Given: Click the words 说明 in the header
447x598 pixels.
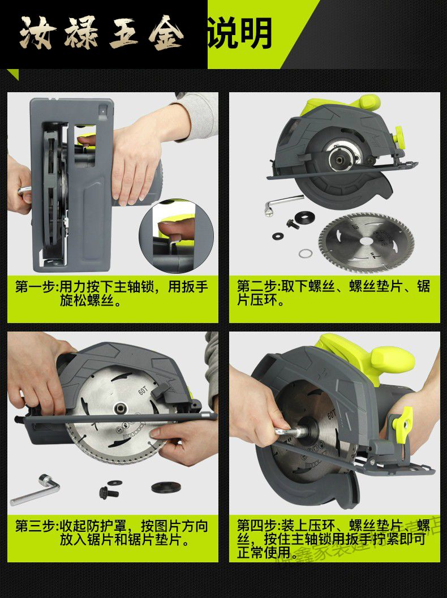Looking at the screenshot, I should point(240,33).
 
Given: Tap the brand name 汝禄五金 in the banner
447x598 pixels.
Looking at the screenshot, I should point(102,33).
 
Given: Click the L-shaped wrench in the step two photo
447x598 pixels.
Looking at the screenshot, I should point(277,204).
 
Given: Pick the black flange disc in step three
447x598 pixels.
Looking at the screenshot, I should point(166,487).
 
